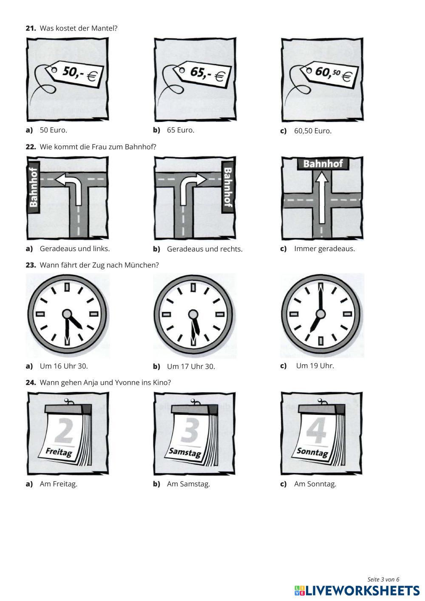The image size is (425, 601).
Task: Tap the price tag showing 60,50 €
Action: click(329, 74)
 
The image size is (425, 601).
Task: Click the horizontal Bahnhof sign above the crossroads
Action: click(323, 164)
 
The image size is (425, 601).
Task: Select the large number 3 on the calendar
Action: click(190, 430)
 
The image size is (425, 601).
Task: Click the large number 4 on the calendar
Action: click(317, 430)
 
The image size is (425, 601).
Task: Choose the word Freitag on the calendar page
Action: click(59, 452)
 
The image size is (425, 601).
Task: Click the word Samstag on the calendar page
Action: click(185, 452)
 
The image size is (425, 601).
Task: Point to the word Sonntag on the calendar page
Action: click(312, 452)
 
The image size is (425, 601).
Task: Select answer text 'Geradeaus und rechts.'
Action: click(204, 249)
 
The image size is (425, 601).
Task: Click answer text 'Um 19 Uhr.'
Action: click(315, 366)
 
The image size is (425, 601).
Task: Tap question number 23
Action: click(31, 265)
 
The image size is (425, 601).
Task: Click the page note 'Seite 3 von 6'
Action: click(383, 579)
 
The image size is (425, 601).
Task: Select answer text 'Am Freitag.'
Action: click(59, 484)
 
